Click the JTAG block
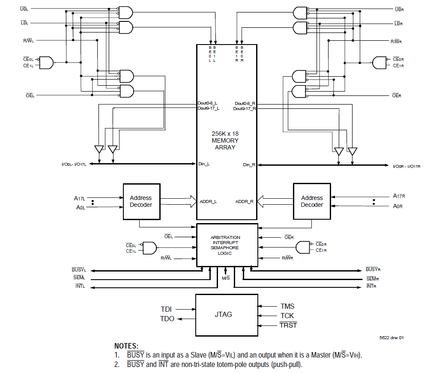tap(227, 314)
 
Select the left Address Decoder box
tap(141, 202)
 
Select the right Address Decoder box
tap(311, 202)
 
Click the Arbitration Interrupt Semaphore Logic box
tap(227, 245)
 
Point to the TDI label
tap(166, 309)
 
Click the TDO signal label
tap(167, 319)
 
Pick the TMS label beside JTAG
tap(287, 306)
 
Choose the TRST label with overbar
tap(288, 325)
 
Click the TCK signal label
tap(287, 316)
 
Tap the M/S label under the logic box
tap(226, 278)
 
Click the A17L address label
tap(80, 198)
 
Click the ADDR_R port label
tap(245, 201)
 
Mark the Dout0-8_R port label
tap(245, 104)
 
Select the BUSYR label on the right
tap(373, 270)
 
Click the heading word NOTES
tap(126, 346)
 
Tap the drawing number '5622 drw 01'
tap(391, 337)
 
